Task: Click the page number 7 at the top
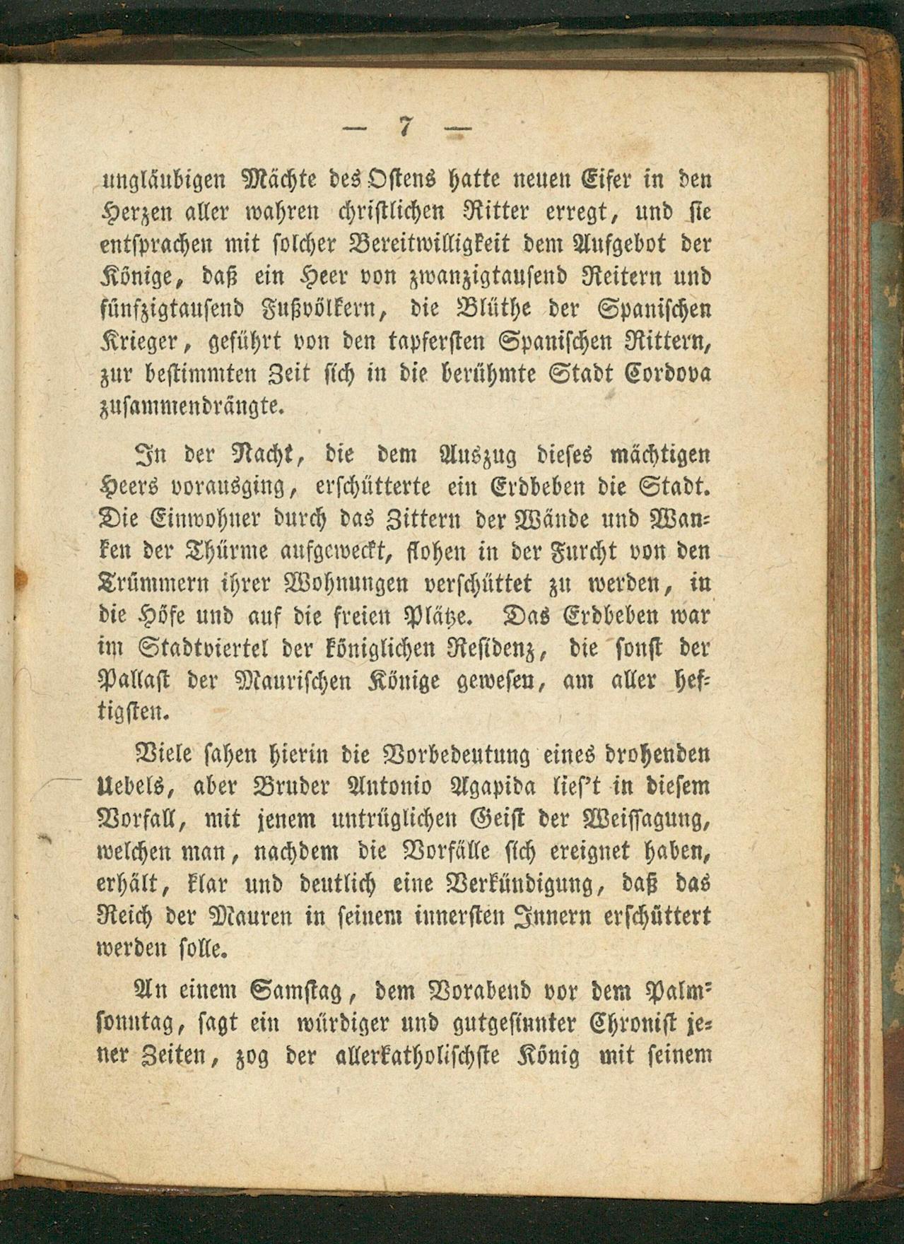405,127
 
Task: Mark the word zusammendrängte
191,407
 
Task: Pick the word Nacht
264,453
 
